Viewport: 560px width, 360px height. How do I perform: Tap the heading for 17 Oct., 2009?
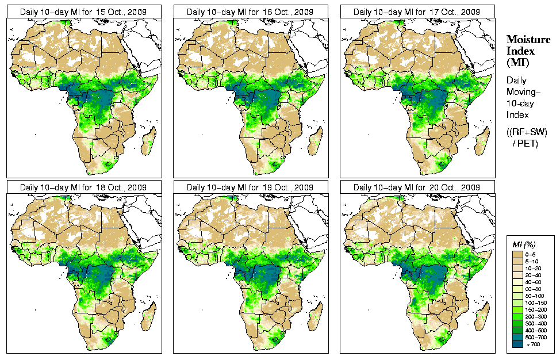click(417, 12)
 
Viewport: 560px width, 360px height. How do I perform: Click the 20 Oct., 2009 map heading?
click(417, 187)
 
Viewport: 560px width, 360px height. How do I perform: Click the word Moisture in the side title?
click(525, 40)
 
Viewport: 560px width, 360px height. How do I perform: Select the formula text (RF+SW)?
click(527, 133)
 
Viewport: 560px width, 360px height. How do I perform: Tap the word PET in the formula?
click(530, 143)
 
